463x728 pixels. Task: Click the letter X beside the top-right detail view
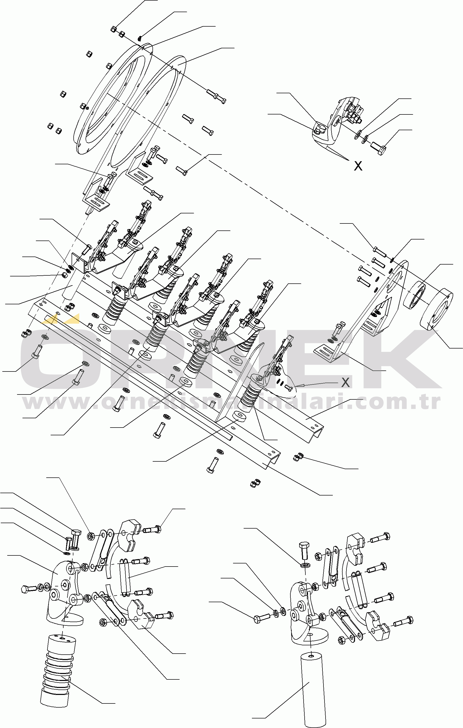click(358, 166)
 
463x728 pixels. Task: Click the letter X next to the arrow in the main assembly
click(345, 382)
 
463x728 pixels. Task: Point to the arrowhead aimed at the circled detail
click(298, 386)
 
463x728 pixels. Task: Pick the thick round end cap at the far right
click(437, 309)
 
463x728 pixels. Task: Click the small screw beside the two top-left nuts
click(140, 38)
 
